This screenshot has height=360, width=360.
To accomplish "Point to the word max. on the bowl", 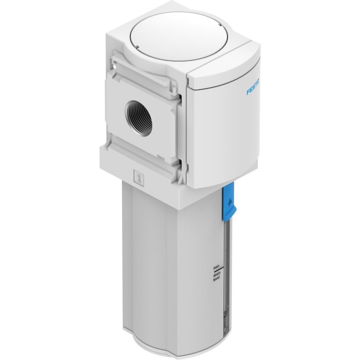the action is pyautogui.click(x=217, y=268).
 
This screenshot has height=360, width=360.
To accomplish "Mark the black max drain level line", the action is pyautogui.click(x=217, y=271).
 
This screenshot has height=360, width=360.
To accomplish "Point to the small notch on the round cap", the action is pyautogui.click(x=137, y=47).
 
